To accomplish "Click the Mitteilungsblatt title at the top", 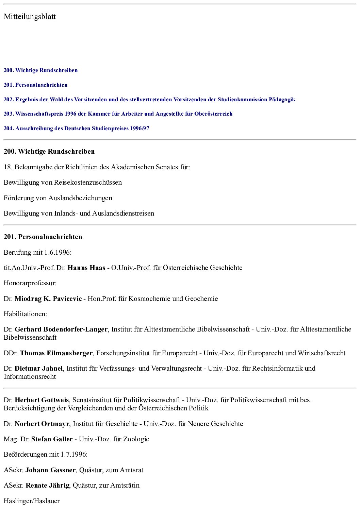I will click(x=30, y=17).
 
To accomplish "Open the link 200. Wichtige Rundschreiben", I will click(x=41, y=70).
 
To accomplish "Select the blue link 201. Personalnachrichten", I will click(x=36, y=85).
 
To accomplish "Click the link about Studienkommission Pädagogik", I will click(x=149, y=100).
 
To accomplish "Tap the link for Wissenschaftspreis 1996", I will click(x=118, y=114).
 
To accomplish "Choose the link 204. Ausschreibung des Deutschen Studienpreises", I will click(x=77, y=129).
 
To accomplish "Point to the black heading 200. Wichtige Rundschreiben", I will click(x=49, y=152).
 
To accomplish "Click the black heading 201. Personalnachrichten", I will click(x=43, y=237).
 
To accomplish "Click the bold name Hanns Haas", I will click(x=86, y=268).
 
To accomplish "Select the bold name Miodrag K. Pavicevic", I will click(x=48, y=299).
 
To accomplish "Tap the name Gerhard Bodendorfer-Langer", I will click(x=61, y=329).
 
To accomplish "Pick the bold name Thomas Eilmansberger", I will click(x=56, y=353).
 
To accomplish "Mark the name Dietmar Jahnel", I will click(x=39, y=369).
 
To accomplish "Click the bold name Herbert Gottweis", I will click(x=42, y=400).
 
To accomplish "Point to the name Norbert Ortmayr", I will click(x=42, y=424).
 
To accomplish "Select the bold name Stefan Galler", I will click(x=52, y=439).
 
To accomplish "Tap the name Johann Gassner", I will click(x=50, y=470).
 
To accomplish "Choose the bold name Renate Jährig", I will click(x=48, y=486).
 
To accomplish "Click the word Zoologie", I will click(x=136, y=439).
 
